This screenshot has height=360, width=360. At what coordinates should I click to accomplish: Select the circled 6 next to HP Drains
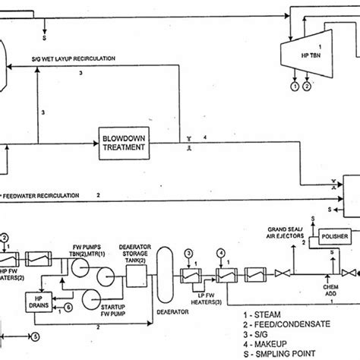(70, 306)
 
